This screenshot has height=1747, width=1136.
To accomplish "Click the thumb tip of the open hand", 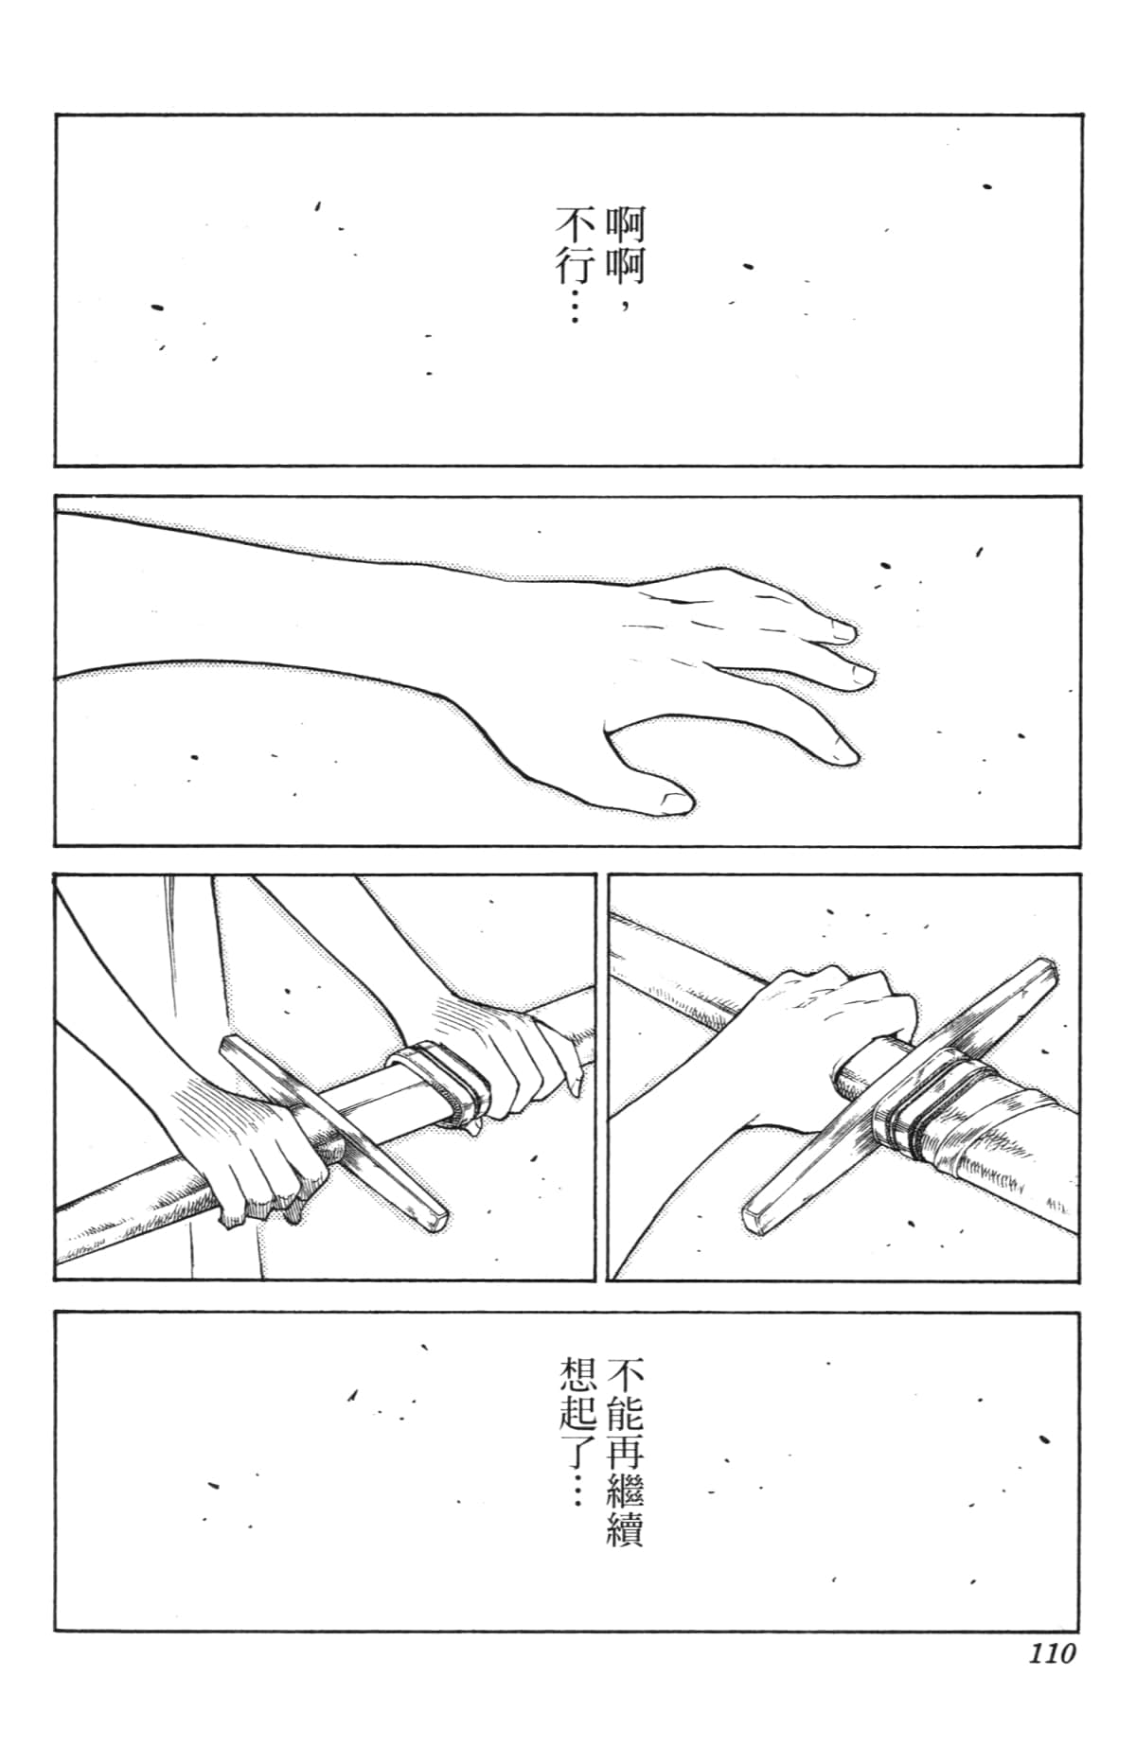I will [674, 803].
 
